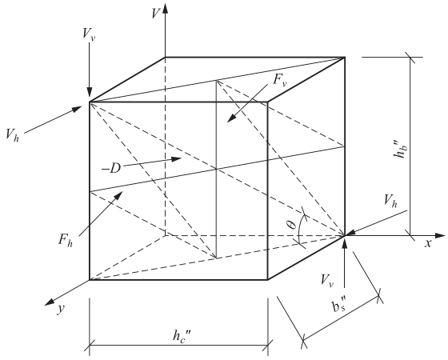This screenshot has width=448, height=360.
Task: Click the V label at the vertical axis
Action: coord(156,13)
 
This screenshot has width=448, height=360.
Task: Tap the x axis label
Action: coord(428,243)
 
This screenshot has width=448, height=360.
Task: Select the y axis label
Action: coord(61,309)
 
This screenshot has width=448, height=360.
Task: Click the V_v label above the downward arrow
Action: coord(88,35)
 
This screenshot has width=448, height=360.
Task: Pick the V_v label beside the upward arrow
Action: coord(327,280)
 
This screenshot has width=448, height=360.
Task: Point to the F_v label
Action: coord(280,80)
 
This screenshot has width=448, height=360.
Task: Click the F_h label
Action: coord(66,240)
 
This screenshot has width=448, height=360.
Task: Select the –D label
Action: coord(111,169)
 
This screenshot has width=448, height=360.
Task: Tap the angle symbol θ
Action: coord(292,225)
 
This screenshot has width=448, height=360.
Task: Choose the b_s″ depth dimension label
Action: coord(339,304)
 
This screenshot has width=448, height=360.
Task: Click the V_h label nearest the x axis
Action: coord(390,201)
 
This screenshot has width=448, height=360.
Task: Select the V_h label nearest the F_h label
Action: coord(12,135)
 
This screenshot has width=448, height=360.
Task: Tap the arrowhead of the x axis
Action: coord(440,236)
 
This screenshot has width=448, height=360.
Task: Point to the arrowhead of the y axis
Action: coord(50,302)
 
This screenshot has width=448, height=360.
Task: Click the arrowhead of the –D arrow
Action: coord(176,159)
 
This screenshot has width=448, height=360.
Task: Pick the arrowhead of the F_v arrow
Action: coord(231,118)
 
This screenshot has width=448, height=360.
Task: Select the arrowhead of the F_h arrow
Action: coord(118,196)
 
